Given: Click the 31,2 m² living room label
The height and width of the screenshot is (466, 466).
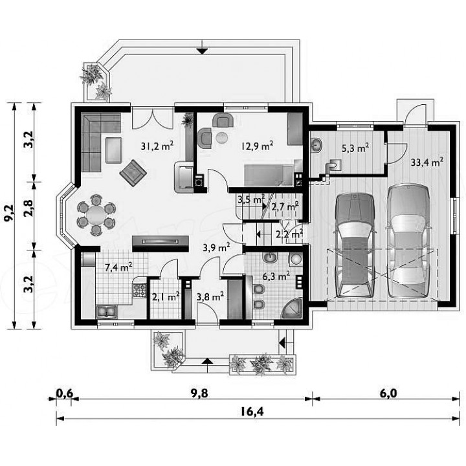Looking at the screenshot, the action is tap(157, 146).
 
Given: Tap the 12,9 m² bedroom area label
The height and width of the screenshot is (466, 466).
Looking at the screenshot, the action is tap(258, 146).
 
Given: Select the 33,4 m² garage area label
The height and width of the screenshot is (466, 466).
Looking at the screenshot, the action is tap(427, 162).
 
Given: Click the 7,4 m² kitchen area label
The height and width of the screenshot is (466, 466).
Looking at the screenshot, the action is tap(118, 267).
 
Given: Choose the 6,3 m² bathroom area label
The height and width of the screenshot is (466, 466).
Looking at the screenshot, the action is tap(276, 276).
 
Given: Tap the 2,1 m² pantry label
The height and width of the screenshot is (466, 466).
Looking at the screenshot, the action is tap(166, 296).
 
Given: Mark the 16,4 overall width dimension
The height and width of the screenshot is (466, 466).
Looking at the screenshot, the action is tap(252, 412).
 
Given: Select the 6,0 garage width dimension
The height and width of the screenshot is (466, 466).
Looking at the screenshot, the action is tap(388, 393).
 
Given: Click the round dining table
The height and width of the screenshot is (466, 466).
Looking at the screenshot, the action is tap(96, 214).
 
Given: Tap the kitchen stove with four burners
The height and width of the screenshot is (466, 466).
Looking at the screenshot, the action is tap(139, 291).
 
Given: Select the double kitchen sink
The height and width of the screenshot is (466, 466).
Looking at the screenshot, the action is tap(107, 312).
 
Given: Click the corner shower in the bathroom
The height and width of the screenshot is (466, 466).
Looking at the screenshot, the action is tap(292, 309).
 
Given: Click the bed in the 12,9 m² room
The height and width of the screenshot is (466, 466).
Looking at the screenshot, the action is tap(269, 175).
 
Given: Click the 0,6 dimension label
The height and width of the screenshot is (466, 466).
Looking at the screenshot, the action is tap(65, 393).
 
